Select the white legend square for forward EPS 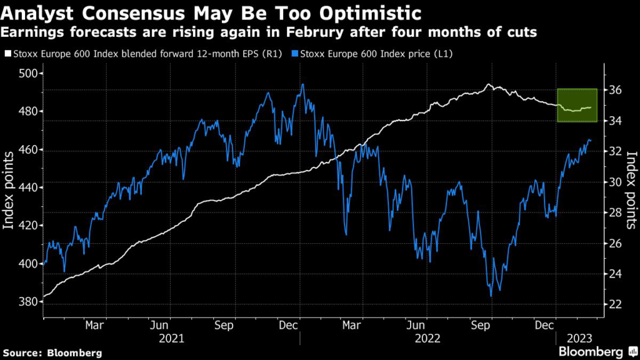click(7, 54)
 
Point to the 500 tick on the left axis click(31, 74)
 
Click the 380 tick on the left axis click(31, 302)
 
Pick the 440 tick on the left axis click(31, 187)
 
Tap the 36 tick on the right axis click(614, 90)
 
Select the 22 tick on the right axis click(614, 304)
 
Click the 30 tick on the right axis click(614, 182)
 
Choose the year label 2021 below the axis click(172, 339)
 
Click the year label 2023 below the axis click(581, 339)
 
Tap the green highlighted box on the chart click(577, 105)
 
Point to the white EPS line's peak click(489, 84)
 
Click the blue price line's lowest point click(491, 296)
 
